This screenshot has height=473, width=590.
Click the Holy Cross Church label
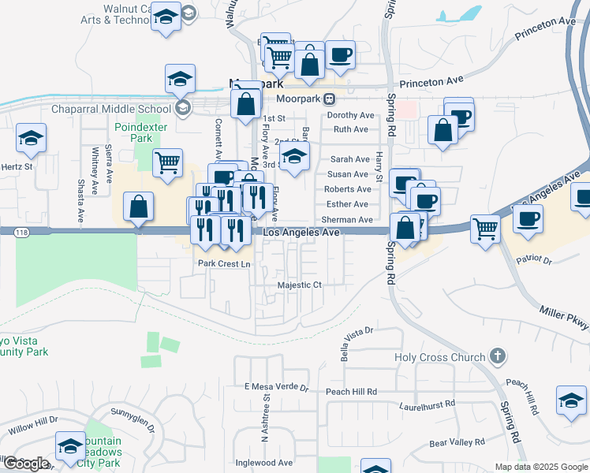(x=440, y=357)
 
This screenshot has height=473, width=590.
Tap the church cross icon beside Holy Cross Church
(x=497, y=356)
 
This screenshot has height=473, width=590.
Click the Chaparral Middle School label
(x=111, y=109)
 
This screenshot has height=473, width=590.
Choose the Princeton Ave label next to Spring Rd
(x=431, y=80)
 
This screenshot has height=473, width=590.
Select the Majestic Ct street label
(x=300, y=285)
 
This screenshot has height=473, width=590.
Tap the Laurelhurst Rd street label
(x=428, y=404)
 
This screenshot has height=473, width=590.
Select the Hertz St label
(x=16, y=166)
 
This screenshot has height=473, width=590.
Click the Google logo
(x=26, y=464)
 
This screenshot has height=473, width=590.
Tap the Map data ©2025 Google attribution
(x=540, y=467)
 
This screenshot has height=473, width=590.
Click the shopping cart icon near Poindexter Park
(x=167, y=163)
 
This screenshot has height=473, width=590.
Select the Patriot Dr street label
(x=535, y=259)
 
